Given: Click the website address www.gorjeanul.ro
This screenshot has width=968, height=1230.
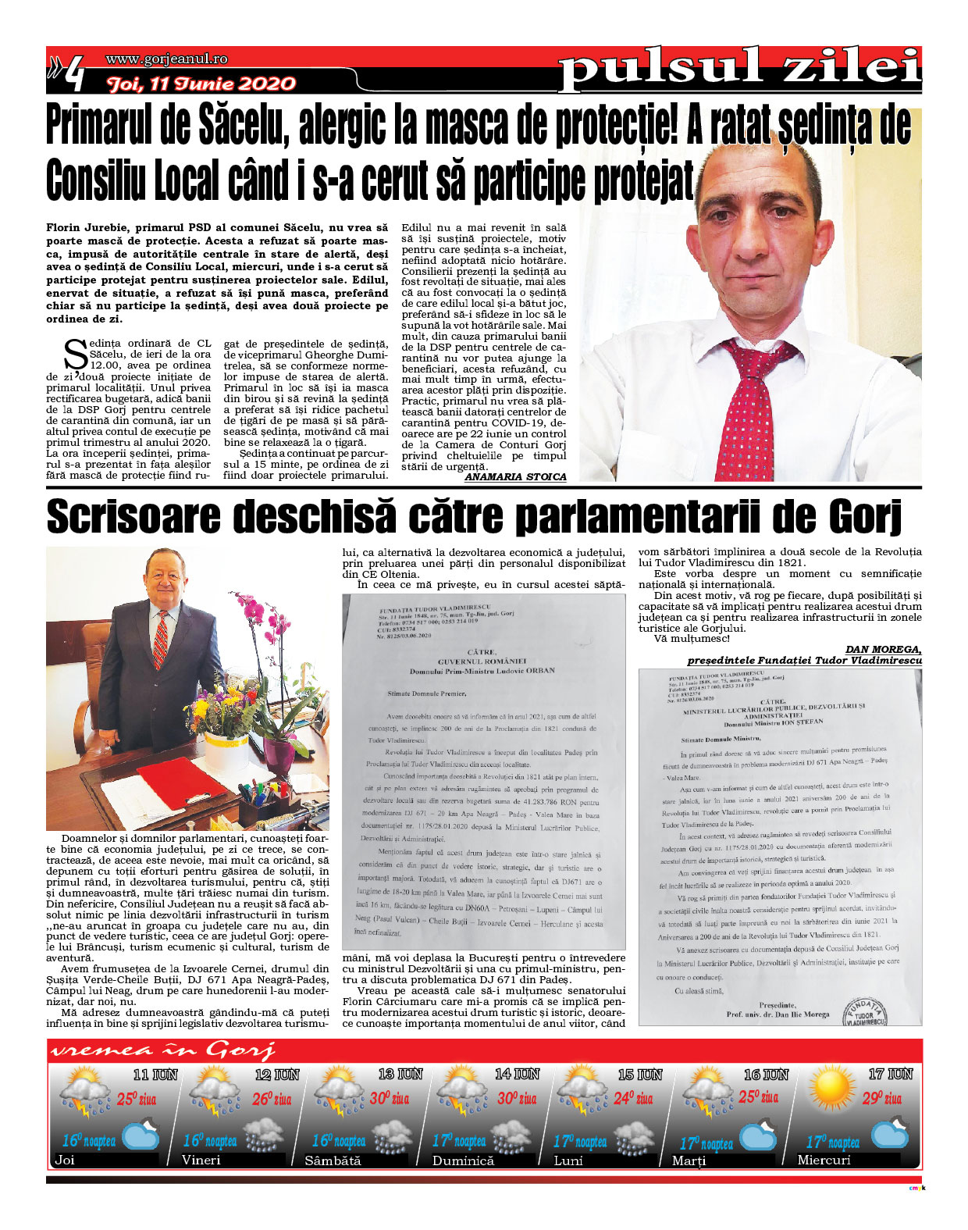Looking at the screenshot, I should click(166, 59).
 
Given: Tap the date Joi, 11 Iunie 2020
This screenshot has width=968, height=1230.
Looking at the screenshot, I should click(201, 84).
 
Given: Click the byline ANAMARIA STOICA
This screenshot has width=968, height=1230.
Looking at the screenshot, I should click(515, 476).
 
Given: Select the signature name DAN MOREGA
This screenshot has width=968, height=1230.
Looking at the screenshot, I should click(883, 648).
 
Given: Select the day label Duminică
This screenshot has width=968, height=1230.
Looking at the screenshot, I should click(463, 1160).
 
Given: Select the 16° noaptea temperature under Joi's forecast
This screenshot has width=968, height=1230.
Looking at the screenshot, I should click(88, 1140).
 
